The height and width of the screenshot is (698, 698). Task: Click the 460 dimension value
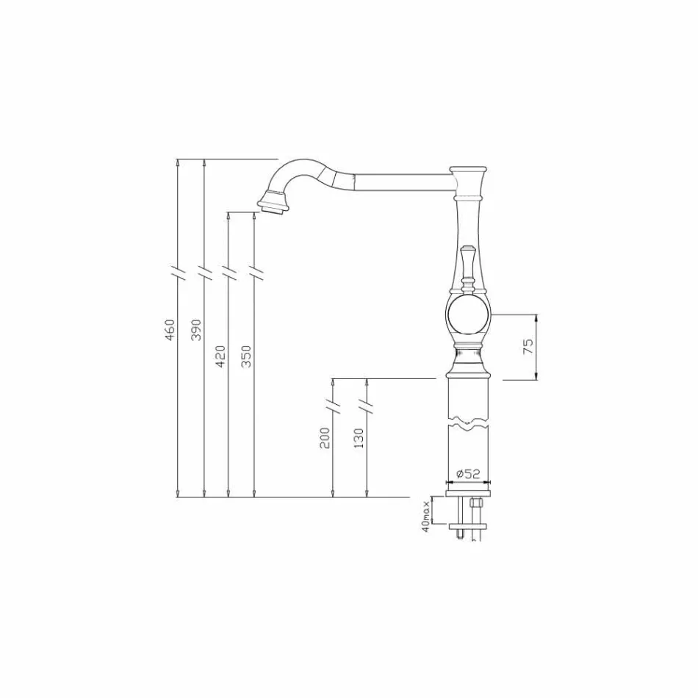pos(170,330)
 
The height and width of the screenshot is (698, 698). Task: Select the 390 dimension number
pos(195,330)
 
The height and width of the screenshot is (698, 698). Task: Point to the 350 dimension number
pos(246,356)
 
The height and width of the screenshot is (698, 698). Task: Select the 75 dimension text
pos(528,348)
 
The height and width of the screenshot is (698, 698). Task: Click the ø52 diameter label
pos(468,474)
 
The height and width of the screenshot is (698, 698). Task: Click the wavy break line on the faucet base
pos(468,423)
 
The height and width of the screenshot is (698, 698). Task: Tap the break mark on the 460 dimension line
pos(179,272)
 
